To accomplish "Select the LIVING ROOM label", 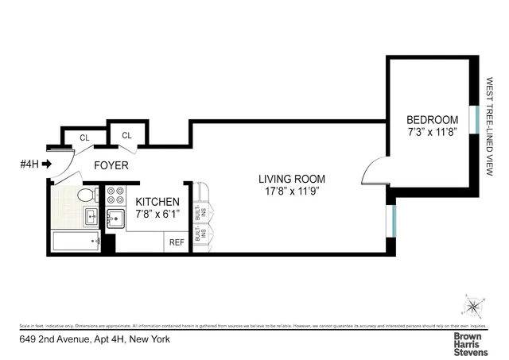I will (291, 178).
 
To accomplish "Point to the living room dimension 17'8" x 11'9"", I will (291, 192).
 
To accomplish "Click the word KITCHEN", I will (157, 203).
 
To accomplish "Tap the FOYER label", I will (112, 166).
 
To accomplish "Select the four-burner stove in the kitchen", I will (115, 195).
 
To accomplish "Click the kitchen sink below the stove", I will (115, 218).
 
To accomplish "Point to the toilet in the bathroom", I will (84, 195).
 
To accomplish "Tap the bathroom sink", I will (91, 216).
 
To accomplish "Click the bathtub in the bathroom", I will (76, 241).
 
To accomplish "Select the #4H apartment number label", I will (29, 165).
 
